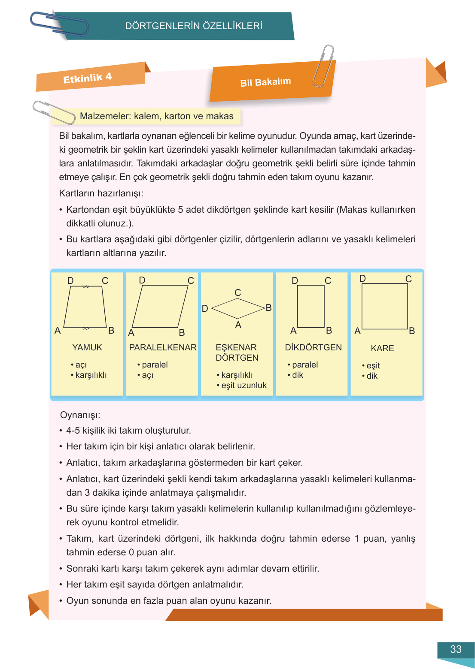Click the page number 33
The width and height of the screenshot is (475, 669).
click(x=456, y=649)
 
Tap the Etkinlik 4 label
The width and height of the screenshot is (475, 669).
click(x=88, y=78)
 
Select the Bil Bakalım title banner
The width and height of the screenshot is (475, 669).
click(x=265, y=82)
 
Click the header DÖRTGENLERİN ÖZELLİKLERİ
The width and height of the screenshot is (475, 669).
click(x=194, y=26)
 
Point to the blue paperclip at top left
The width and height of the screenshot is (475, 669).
click(x=58, y=24)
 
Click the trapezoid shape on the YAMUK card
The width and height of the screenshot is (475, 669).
click(x=85, y=307)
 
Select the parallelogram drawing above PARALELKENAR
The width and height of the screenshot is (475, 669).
click(x=160, y=306)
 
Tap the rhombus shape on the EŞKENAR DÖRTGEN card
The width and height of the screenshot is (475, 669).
click(x=237, y=308)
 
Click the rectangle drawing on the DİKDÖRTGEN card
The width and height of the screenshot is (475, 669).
click(x=311, y=306)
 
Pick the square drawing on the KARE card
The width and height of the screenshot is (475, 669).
click(x=384, y=306)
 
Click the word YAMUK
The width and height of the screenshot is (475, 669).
click(x=87, y=347)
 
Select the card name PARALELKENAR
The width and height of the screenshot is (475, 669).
click(x=163, y=347)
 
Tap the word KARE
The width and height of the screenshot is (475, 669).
click(x=382, y=348)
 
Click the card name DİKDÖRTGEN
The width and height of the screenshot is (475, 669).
click(x=313, y=347)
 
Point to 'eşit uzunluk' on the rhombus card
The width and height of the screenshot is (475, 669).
click(x=244, y=385)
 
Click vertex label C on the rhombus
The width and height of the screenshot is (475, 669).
click(x=238, y=293)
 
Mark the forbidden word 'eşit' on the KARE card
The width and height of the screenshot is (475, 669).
click(x=373, y=365)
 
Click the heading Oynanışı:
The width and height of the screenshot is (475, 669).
click(x=80, y=415)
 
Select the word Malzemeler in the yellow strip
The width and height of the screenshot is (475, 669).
click(x=105, y=116)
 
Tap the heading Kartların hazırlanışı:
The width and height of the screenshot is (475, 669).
click(x=101, y=193)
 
